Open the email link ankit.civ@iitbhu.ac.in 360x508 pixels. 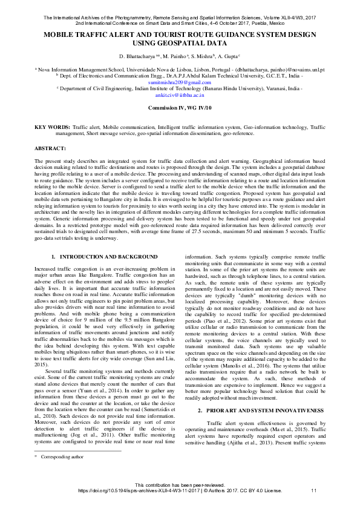click(180, 95)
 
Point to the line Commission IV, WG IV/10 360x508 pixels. click(180, 108)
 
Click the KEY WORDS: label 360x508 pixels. click(51, 128)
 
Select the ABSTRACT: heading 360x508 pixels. click(50, 148)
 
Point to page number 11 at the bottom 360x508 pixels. click(313, 490)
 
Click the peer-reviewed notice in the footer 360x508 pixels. click(180, 485)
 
